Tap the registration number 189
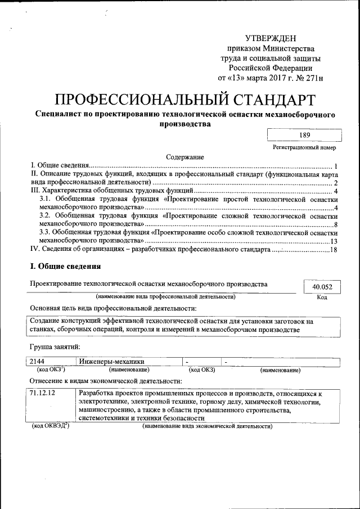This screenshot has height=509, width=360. click(304, 135)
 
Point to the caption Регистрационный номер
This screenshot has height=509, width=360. click(304, 147)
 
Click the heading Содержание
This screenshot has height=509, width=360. click(184, 157)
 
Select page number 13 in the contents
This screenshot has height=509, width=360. click(333, 241)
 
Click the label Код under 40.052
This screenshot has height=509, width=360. click(322, 298)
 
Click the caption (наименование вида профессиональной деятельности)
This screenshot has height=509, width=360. click(165, 296)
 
